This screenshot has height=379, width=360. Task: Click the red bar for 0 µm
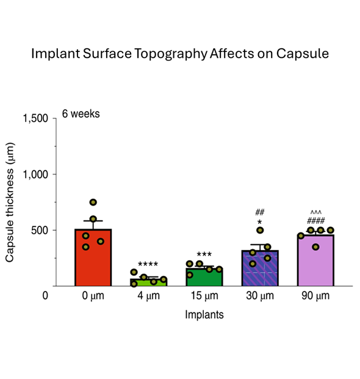[x=93, y=259]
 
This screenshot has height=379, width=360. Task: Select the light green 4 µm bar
[x=148, y=282]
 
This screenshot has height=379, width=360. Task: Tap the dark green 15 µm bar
[x=204, y=277]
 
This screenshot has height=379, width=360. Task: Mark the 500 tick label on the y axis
[x=40, y=231]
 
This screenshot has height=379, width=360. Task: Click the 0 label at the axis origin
[x=45, y=296]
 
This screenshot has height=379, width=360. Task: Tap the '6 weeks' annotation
[x=81, y=114]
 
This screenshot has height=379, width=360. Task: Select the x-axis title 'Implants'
[x=204, y=315]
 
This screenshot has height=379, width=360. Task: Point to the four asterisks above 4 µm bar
[x=148, y=264]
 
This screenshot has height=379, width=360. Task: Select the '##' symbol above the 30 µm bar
[x=259, y=212]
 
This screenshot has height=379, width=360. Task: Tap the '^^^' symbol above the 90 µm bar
[x=315, y=212]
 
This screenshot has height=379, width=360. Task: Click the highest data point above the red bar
[x=93, y=202]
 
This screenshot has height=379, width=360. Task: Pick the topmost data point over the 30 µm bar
[x=260, y=230]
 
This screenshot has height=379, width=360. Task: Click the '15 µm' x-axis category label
[x=204, y=296]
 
